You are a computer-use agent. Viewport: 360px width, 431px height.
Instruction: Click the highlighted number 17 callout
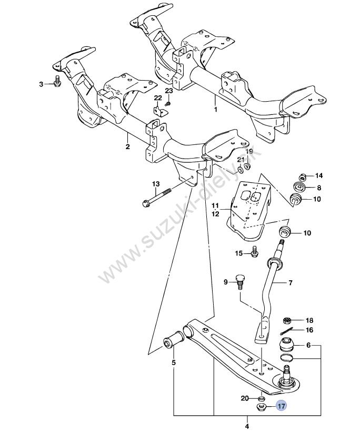coord(282,406)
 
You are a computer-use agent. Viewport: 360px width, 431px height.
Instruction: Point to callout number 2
coord(127,147)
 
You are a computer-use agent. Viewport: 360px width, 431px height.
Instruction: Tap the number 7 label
coord(290,282)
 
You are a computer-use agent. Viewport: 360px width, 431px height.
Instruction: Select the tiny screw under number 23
coord(167,103)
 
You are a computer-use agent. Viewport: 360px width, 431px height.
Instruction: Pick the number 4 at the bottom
coord(247,425)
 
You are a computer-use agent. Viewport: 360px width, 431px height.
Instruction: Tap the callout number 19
coord(250,152)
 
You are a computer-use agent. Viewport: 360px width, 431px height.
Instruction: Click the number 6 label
coord(308,345)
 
